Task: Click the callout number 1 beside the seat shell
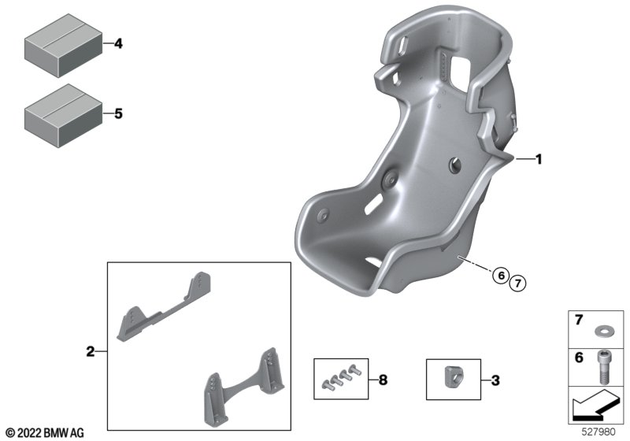[539, 159]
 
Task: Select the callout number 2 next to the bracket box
[91, 352]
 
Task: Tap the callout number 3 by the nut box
[495, 380]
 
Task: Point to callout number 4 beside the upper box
[118, 43]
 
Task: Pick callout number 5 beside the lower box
[118, 113]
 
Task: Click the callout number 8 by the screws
[383, 380]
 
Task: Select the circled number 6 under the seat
[501, 276]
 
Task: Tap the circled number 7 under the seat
[517, 283]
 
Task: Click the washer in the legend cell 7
[602, 332]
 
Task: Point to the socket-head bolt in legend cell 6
[602, 366]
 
